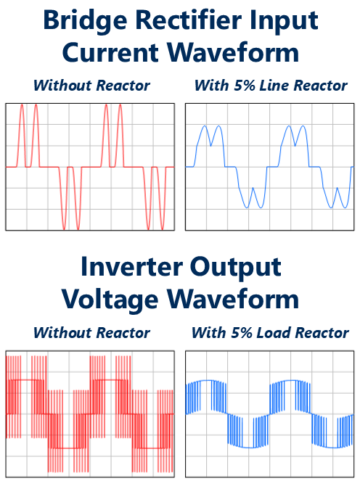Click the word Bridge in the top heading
coord(85,21)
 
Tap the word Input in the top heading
coord(285,21)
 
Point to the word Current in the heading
coord(110,52)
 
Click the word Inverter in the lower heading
coord(131,266)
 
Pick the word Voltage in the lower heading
coord(110,300)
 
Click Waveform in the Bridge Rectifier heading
coord(233,52)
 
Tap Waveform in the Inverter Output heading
coord(233,299)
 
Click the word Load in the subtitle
coord(274,332)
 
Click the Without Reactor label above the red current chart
coord(91,86)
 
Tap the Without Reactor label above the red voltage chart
coord(91,332)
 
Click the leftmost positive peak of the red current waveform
coord(22,105)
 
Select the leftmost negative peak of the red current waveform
coord(64,229)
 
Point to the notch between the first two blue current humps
coord(211,146)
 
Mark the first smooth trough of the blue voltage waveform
coord(248,448)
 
